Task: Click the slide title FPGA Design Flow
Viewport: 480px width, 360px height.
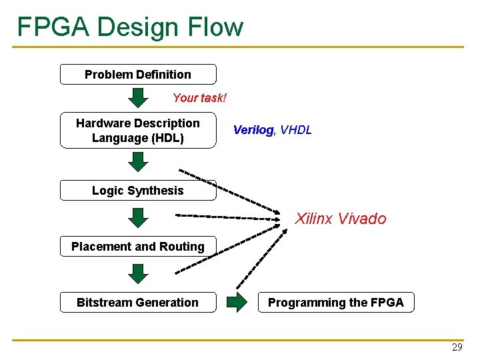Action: point(131,27)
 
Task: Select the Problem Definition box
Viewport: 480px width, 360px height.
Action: point(138,75)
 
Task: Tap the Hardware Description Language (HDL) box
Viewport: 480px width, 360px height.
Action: point(138,131)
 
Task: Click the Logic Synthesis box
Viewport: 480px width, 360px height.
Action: point(138,191)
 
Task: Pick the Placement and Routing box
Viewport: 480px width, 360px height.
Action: point(138,247)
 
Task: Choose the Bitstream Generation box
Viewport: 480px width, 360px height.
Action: point(138,303)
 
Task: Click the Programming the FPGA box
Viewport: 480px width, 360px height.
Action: point(336,303)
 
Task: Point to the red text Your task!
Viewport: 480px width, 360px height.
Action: point(199,98)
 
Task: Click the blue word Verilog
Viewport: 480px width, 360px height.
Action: point(253,130)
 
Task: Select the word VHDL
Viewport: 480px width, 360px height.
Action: point(296,130)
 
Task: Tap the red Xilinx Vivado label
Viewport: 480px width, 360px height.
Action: point(341,219)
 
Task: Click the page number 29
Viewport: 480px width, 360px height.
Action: point(457,347)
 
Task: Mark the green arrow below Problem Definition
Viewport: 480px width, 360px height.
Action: point(138,97)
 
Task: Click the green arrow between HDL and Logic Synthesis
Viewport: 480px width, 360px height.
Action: point(138,162)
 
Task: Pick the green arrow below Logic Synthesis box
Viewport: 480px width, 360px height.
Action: point(138,218)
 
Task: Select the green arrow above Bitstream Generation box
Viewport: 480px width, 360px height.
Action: point(138,274)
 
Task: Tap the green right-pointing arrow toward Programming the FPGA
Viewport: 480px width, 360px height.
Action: point(237,303)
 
